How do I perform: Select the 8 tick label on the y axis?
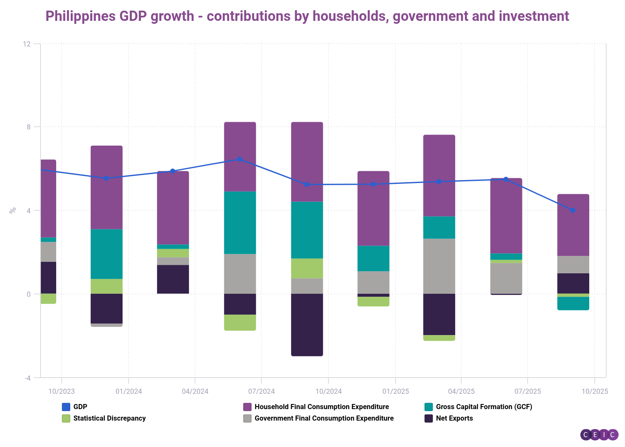pos(29,127)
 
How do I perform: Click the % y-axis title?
pos(13,210)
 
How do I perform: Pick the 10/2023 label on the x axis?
pos(61,391)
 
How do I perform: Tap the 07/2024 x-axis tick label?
pos(261,391)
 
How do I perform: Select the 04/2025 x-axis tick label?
pos(461,391)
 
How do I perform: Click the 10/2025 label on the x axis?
pos(595,391)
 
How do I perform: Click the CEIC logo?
pos(599,435)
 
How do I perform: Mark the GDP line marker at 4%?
pos(573,210)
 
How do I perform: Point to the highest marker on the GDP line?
pos(240,159)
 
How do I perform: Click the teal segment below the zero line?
pos(573,304)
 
